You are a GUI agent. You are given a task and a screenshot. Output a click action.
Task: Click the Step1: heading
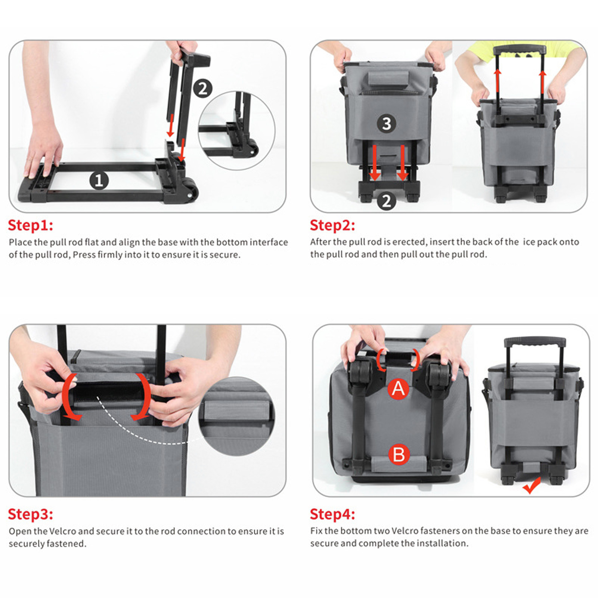click(x=31, y=225)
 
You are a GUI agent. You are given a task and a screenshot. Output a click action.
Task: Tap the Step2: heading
click(x=332, y=225)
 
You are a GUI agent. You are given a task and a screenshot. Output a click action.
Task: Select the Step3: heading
click(x=31, y=514)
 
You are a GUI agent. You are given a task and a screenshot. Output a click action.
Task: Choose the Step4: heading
click(x=332, y=514)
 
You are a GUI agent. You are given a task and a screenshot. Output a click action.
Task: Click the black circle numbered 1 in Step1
click(x=99, y=181)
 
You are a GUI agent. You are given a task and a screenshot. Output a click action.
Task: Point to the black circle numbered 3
click(x=387, y=124)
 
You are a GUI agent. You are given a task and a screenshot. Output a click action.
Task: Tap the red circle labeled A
click(x=399, y=389)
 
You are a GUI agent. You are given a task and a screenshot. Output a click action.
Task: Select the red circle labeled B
click(x=399, y=455)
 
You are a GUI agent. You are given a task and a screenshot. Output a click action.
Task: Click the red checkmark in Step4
click(x=531, y=485)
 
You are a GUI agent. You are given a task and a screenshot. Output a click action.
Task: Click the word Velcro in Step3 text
click(x=63, y=531)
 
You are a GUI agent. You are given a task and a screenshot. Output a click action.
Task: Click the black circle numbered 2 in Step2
click(x=387, y=201)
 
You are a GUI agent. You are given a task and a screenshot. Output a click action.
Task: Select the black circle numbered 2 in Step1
click(x=203, y=89)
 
